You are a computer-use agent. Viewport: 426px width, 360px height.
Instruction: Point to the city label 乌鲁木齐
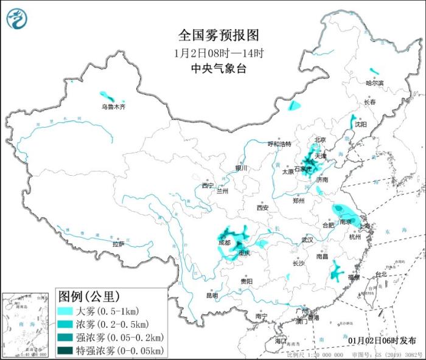[113, 107]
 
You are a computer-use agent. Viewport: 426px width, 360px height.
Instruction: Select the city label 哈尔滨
[375, 83]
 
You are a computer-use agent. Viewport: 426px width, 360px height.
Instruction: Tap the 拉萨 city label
[118, 244]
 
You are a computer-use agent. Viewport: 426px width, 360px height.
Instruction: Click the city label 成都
[223, 243]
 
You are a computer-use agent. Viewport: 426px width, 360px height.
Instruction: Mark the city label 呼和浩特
[280, 144]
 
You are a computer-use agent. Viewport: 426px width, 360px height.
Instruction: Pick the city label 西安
[262, 207]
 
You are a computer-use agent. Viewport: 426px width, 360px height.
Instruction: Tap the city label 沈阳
[361, 124]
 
